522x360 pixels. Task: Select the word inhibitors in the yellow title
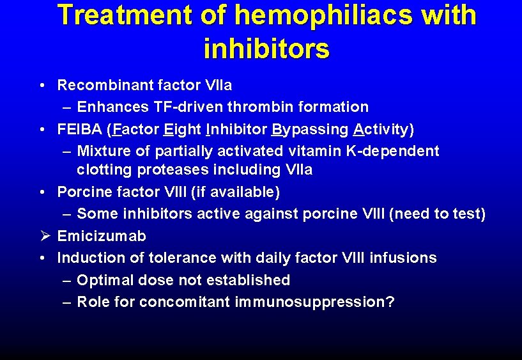(x=266, y=48)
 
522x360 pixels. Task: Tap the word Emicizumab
(x=102, y=236)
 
